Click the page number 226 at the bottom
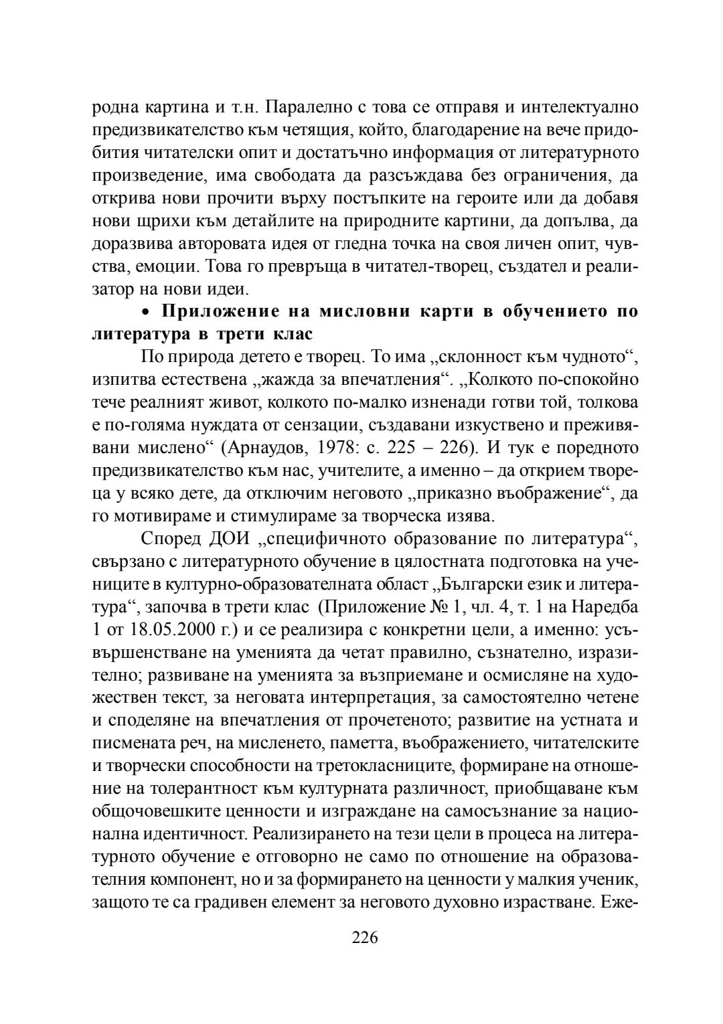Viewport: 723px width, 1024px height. point(365,937)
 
